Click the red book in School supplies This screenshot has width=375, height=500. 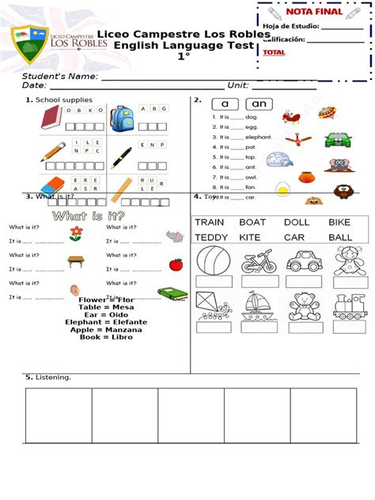pyautogui.click(x=51, y=118)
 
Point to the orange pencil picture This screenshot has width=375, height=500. pyautogui.click(x=52, y=151)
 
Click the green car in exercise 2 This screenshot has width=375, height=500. pyautogui.click(x=337, y=138)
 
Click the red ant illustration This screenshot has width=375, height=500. pyautogui.click(x=291, y=119)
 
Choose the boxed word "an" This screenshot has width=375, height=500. pyautogui.click(x=259, y=104)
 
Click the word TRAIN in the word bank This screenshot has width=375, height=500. pyautogui.click(x=210, y=222)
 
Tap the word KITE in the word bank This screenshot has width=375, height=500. pyautogui.click(x=249, y=237)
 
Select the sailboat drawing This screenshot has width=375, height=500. pyautogui.click(x=259, y=305)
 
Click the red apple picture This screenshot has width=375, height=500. pyautogui.click(x=176, y=263)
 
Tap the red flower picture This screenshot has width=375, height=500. pyautogui.click(x=76, y=233)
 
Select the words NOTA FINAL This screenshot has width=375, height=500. pyautogui.click(x=314, y=12)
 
